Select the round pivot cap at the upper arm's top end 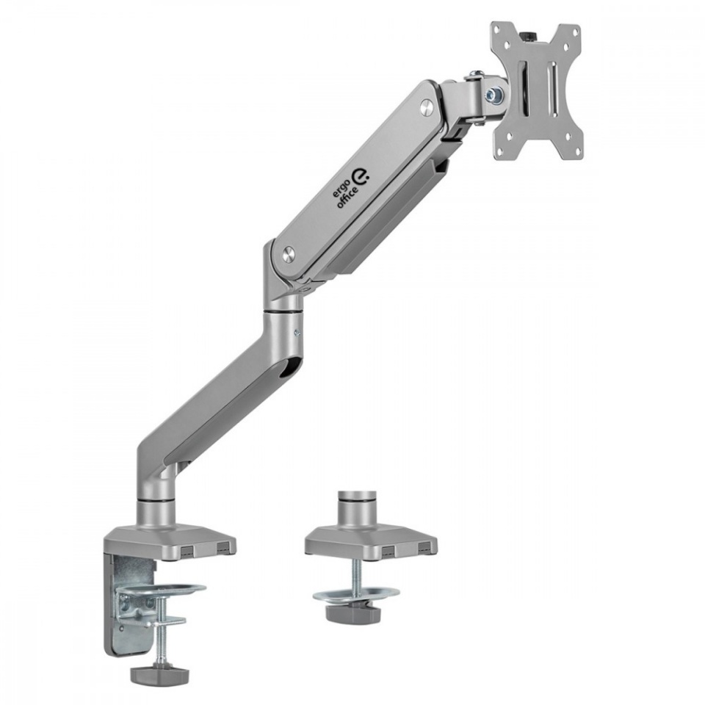point(427,107)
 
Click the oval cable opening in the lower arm point(292,368)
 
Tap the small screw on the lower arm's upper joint point(297,333)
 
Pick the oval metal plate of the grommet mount point(356,593)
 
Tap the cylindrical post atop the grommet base point(357,507)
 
